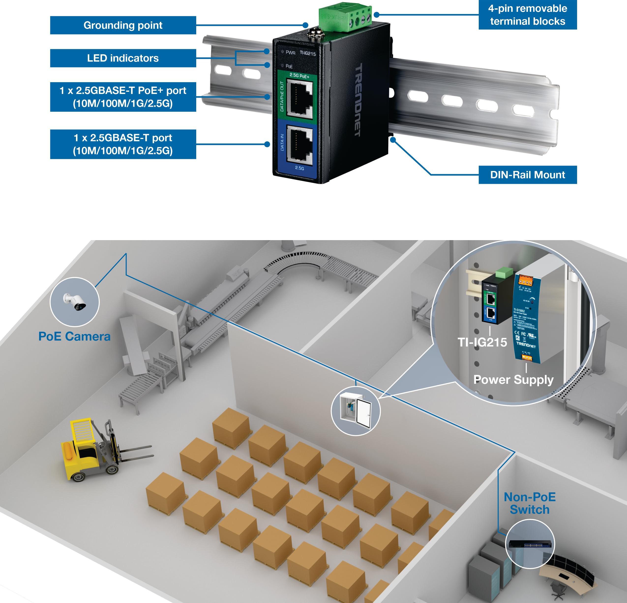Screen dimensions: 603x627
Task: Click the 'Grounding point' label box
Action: (x=123, y=25)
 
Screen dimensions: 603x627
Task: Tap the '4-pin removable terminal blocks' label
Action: (x=527, y=15)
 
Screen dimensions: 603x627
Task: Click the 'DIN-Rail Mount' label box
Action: (x=527, y=175)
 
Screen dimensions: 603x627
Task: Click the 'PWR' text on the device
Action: (x=290, y=52)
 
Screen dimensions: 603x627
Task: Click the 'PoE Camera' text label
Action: (x=75, y=336)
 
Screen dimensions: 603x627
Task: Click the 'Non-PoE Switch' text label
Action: (x=529, y=503)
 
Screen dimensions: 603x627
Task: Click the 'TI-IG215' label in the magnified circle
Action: (x=482, y=342)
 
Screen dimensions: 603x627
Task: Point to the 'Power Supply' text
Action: (x=513, y=380)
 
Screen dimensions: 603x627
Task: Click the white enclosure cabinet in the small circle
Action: (x=355, y=411)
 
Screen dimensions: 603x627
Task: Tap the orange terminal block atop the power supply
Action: (x=525, y=281)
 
